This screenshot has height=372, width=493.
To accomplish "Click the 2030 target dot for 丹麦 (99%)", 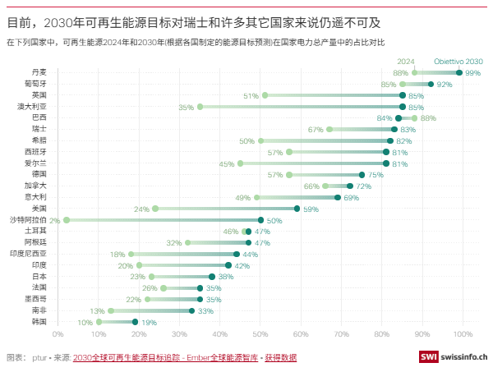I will point(458,73).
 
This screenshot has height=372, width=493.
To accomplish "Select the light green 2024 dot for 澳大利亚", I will point(200,107).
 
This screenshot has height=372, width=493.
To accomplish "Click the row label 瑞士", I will point(39,130).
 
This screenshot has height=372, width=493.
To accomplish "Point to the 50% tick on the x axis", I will point(260,333).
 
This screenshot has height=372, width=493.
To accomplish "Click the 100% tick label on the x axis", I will point(463,333).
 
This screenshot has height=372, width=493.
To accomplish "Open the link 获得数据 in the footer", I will point(281,358).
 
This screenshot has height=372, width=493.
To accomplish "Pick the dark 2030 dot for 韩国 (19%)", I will point(135,322).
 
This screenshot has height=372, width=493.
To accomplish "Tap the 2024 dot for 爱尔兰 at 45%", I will point(240,163).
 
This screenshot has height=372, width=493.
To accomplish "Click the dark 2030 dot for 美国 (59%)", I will point(297,209).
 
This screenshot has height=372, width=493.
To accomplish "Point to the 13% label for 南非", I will point(97,310).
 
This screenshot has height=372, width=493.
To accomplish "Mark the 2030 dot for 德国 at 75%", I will point(362,175).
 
